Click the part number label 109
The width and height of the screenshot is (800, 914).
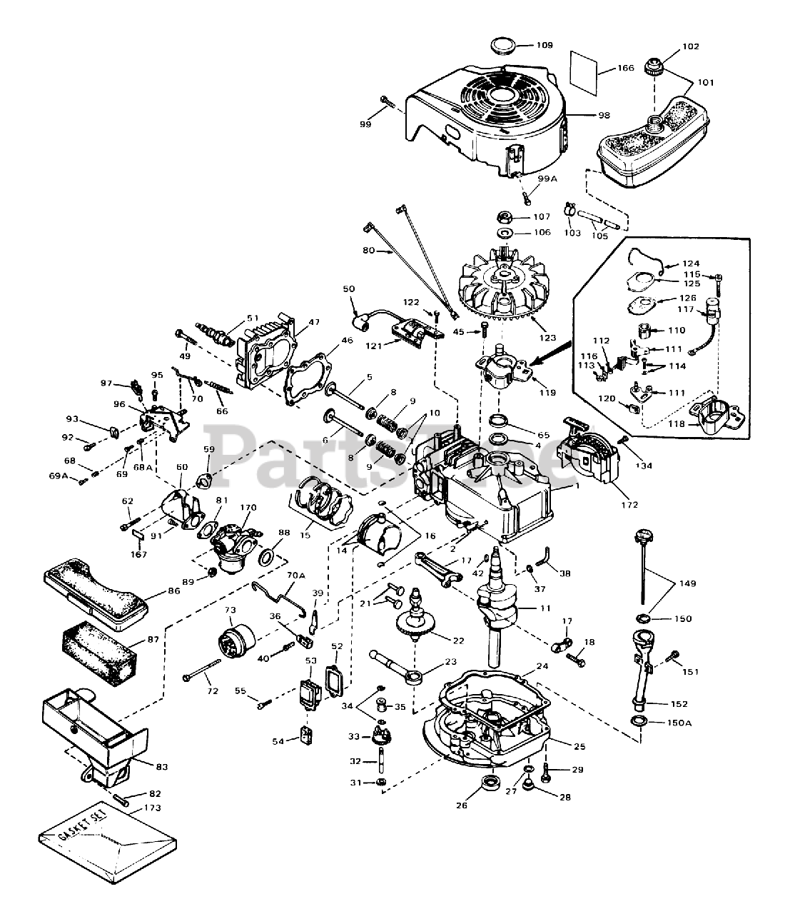point(545,45)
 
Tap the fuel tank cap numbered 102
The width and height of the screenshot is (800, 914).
point(652,69)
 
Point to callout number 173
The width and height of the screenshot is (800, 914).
point(151,808)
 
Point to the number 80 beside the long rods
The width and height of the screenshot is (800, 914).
point(368,251)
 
